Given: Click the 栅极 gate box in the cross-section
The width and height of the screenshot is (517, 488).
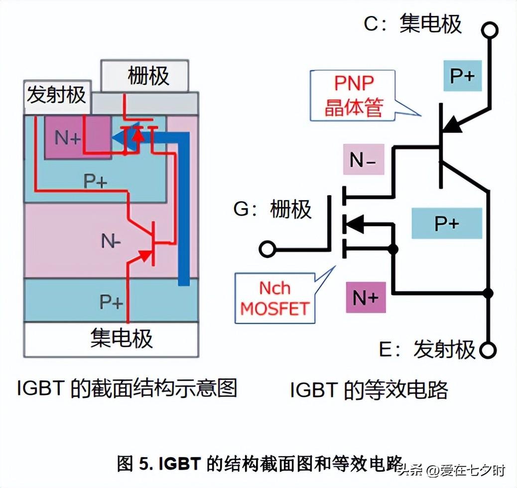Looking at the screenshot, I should click(145, 76).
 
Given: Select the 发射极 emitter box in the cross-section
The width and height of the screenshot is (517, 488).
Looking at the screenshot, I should click(56, 95).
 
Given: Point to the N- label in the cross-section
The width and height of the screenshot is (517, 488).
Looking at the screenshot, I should click(111, 242).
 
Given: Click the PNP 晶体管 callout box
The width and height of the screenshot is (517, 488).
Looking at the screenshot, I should click(353, 95).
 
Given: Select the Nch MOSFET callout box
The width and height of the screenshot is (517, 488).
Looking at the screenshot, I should click(274, 298).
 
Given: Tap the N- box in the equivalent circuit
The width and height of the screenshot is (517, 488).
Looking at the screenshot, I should click(364, 159).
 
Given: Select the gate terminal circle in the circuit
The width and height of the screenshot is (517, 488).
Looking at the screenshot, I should click(268, 248).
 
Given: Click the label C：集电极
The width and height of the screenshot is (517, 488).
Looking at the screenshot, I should click(413, 23).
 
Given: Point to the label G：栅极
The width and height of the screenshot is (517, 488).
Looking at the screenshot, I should click(272, 210).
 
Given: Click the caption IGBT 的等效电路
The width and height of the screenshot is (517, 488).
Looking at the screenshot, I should click(369, 390).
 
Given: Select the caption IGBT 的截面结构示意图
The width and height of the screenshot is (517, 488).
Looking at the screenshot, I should click(127, 388).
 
